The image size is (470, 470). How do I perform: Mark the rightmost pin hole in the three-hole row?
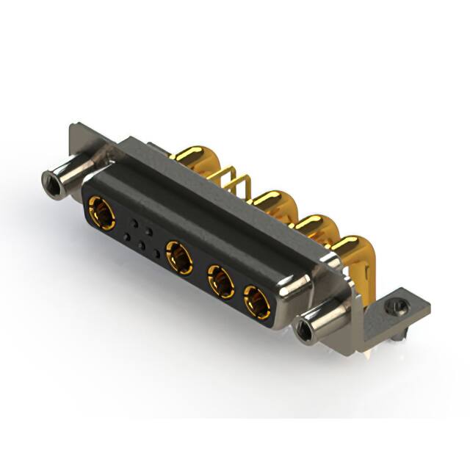(x=156, y=254)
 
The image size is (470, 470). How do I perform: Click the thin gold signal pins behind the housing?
(x=233, y=183)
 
